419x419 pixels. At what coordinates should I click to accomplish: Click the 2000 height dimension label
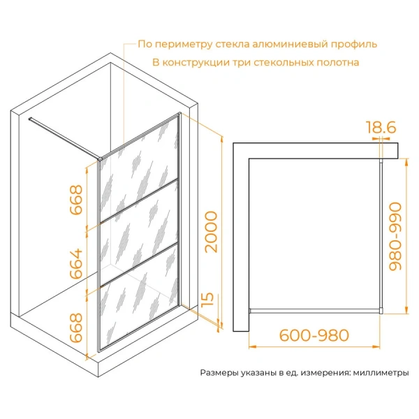pyautogui.click(x=211, y=232)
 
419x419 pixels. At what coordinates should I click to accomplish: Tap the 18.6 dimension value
pyautogui.click(x=381, y=127)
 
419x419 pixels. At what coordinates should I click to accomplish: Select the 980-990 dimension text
pyautogui.click(x=395, y=236)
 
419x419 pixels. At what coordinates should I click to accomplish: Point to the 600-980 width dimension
pyautogui.click(x=314, y=335)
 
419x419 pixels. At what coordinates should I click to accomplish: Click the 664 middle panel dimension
pyautogui.click(x=76, y=263)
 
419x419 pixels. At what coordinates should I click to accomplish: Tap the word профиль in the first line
pyautogui.click(x=354, y=45)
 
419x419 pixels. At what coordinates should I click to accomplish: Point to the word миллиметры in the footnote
pyautogui.click(x=381, y=372)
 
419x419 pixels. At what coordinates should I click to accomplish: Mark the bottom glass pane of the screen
pyautogui.click(x=138, y=297)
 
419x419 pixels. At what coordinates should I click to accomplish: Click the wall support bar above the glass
pyautogui.click(x=65, y=138)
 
